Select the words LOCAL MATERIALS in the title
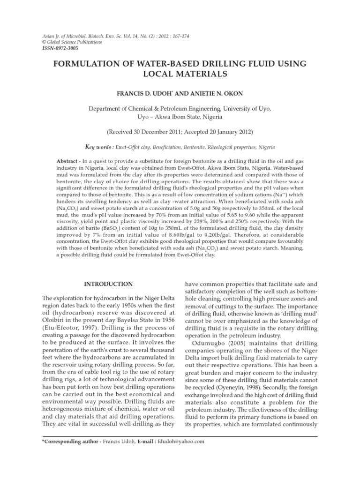point(180,74)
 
